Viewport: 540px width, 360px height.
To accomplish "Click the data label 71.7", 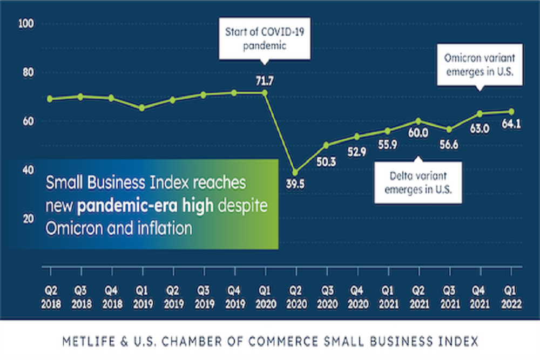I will [x=265, y=81].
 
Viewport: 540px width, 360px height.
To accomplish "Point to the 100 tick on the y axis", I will [x=26, y=24].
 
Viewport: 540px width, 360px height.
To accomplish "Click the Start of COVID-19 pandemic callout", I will [x=264, y=38].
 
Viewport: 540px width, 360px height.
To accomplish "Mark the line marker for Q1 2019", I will [x=141, y=108].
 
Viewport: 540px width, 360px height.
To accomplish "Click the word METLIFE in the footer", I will [x=81, y=341].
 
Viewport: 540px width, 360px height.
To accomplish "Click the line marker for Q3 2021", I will [x=449, y=130].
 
